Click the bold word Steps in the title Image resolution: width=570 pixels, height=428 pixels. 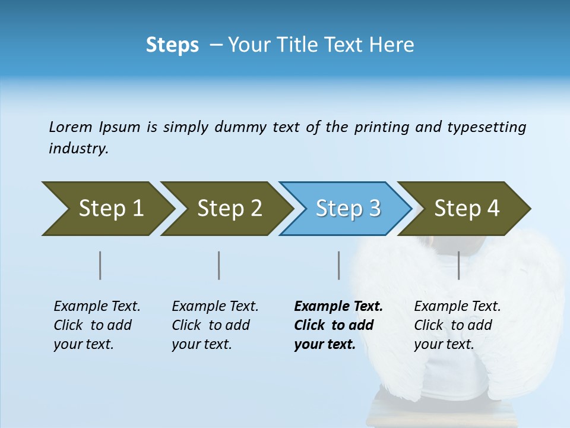click(x=172, y=45)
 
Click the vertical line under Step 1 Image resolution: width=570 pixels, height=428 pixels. click(x=100, y=265)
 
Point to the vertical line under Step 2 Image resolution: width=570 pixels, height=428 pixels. click(x=219, y=265)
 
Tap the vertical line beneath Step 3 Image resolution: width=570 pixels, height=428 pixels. click(x=339, y=265)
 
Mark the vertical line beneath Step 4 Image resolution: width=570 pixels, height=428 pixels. click(x=459, y=265)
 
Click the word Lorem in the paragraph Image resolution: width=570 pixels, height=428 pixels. click(x=70, y=127)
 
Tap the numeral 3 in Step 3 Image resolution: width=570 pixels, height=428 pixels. click(x=375, y=209)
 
